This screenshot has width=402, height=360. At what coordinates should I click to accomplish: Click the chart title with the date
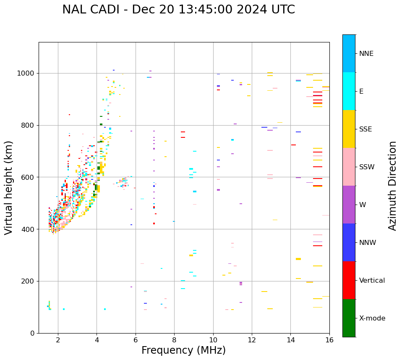pyautogui.click(x=178, y=10)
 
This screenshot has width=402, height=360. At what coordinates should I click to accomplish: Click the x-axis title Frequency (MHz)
pyautogui.click(x=183, y=350)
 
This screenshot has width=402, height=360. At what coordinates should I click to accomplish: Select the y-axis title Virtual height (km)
pyautogui.click(x=9, y=188)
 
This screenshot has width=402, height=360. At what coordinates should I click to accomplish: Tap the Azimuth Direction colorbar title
pyautogui.click(x=392, y=186)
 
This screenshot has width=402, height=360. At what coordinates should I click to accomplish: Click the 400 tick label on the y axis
pyautogui.click(x=29, y=229)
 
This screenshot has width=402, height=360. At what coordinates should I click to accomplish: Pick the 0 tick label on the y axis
pyautogui.click(x=32, y=333)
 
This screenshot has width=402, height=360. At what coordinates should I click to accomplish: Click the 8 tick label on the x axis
pyautogui.click(x=175, y=340)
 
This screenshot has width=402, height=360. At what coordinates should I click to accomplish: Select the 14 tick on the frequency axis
pyautogui.click(x=291, y=340)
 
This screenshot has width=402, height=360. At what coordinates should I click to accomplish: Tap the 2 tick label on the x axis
pyautogui.click(x=58, y=340)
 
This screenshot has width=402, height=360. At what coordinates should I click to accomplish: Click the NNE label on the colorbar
pyautogui.click(x=366, y=54)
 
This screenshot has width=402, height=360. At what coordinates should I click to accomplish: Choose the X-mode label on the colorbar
pyautogui.click(x=372, y=318)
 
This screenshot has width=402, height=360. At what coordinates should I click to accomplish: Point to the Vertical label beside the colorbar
pyautogui.click(x=372, y=281)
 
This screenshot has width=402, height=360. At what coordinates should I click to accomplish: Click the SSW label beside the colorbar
pyautogui.click(x=367, y=167)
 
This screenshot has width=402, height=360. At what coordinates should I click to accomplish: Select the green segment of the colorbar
pyautogui.click(x=349, y=318)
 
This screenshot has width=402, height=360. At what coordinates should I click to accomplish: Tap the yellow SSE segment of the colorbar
pyautogui.click(x=349, y=129)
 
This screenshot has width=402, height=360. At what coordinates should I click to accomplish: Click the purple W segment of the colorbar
pyautogui.click(x=349, y=205)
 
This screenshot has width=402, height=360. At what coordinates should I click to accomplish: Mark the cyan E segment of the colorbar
pyautogui.click(x=349, y=91)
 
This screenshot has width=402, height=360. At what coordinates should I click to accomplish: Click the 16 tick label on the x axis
pyautogui.click(x=329, y=340)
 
